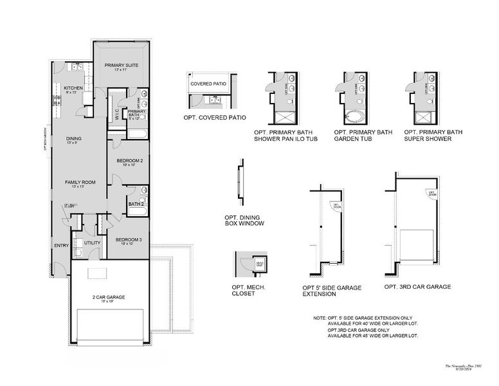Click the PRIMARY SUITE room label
pyautogui.click(x=121, y=64)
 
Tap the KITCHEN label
pyautogui.click(x=73, y=87)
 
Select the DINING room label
pyautogui.click(x=75, y=138)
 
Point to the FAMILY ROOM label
pyautogui.click(x=80, y=182)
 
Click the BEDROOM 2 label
pyautogui.click(x=129, y=160)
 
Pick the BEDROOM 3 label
pyautogui.click(x=129, y=240)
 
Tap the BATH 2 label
pyautogui.click(x=135, y=204)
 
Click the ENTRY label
pyautogui.click(x=61, y=245)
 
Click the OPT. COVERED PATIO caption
pyautogui.click(x=215, y=118)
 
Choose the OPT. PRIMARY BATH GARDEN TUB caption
pyautogui.click(x=363, y=135)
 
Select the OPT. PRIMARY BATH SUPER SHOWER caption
pyautogui.click(x=433, y=135)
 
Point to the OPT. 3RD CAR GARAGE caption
pyautogui.click(x=417, y=287)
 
